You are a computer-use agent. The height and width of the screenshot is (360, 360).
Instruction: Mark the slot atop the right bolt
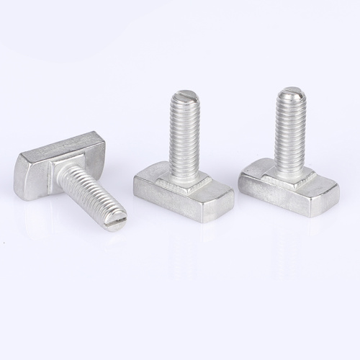coord(291,91)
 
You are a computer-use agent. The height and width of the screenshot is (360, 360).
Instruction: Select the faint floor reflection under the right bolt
coord(288,238)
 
